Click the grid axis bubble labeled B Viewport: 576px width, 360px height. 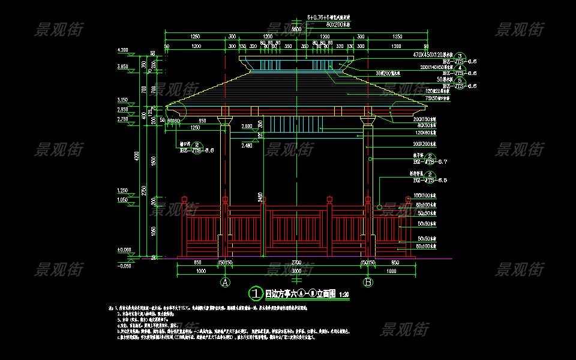point(368,281)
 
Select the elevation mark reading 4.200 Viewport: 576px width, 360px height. point(123,49)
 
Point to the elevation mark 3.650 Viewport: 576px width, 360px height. point(123,67)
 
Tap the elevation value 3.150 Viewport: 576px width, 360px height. point(123,100)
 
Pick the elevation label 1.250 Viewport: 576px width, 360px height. point(123,191)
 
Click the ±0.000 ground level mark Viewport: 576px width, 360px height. point(124,249)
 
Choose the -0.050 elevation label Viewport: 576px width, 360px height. point(124,266)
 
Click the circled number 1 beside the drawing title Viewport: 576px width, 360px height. point(256,293)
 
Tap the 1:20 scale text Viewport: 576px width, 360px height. point(344,295)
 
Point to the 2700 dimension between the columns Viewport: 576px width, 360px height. point(296,263)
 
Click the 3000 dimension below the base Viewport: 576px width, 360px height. point(296,271)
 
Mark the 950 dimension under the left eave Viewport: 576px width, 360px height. point(203,121)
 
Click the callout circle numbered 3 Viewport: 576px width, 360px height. point(460,55)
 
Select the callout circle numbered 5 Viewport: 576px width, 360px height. point(460,80)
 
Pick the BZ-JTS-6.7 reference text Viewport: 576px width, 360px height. point(427,162)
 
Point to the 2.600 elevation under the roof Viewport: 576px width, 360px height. point(247,127)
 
